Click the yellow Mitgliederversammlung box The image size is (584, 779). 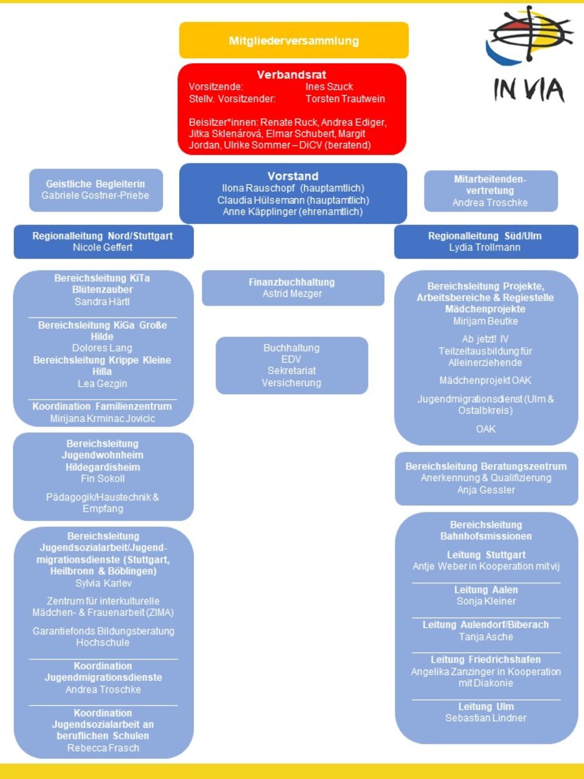tap(293, 40)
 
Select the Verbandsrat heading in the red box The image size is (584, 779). tap(291, 75)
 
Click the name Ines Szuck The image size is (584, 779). tap(329, 87)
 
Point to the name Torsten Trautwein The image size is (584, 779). tap(345, 99)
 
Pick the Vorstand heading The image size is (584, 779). tap(293, 176)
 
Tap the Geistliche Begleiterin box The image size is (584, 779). tap(95, 190)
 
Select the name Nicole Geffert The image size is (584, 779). tap(103, 247)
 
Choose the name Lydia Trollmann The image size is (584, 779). tap(485, 247)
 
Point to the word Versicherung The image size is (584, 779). tap(291, 383)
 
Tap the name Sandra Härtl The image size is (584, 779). tap(103, 302)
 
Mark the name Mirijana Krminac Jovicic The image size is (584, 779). tap(103, 419)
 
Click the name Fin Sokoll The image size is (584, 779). tap(103, 479)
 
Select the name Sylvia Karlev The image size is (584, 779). tap(103, 584)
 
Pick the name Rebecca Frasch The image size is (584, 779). tap(103, 748)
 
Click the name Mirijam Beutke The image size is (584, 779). tap(485, 321)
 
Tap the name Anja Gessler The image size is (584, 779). tap(485, 490)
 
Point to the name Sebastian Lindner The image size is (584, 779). tap(485, 718)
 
